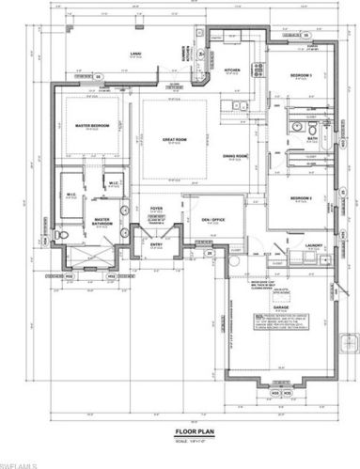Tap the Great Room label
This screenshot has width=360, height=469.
click(x=172, y=140)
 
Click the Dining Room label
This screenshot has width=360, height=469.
click(x=234, y=155)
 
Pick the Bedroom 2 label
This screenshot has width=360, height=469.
click(x=300, y=198)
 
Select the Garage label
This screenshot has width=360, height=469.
click(x=279, y=306)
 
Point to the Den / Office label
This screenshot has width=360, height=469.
click(x=200, y=220)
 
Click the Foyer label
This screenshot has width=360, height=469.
click(x=156, y=207)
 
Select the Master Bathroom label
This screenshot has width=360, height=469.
click(x=103, y=224)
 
